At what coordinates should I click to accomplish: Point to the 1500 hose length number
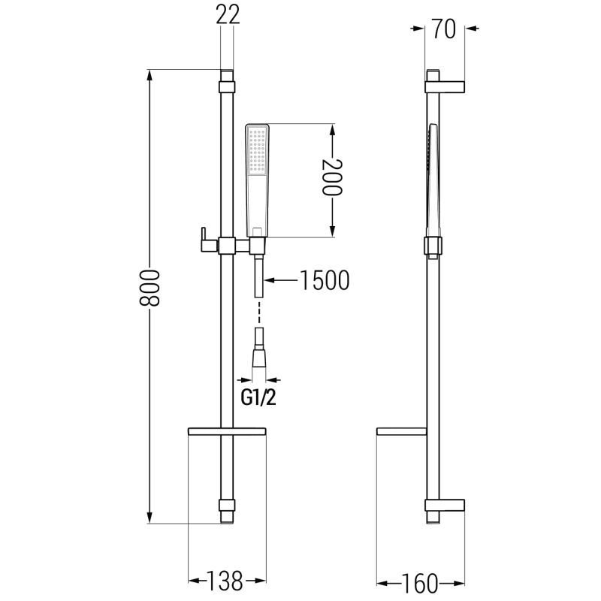pyautogui.click(x=325, y=281)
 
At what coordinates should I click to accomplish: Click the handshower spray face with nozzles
pyautogui.click(x=258, y=153)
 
